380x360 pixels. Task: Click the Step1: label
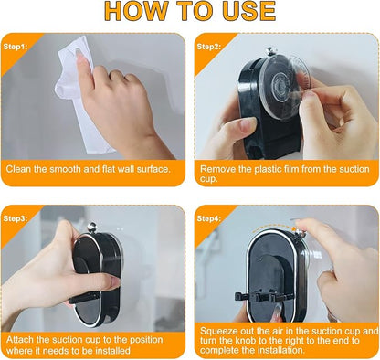click(x=16, y=47)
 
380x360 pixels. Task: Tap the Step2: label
click(x=209, y=47)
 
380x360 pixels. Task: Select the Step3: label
click(x=16, y=218)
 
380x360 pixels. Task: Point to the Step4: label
click(x=209, y=218)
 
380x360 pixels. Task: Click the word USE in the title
click(x=248, y=11)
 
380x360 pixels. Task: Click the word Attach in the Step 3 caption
click(x=20, y=340)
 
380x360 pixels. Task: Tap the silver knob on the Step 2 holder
click(x=269, y=51)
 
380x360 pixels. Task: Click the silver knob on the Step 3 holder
click(x=92, y=228)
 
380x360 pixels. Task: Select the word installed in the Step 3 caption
click(x=113, y=350)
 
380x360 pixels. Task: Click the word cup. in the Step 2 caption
click(x=209, y=179)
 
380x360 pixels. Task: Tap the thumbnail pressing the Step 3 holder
click(x=116, y=282)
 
